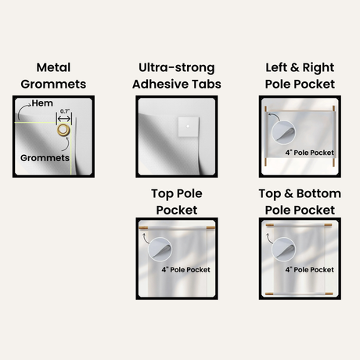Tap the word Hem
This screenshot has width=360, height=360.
(x=42, y=103)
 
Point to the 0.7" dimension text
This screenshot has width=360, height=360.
(x=65, y=111)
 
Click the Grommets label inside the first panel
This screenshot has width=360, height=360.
(x=45, y=158)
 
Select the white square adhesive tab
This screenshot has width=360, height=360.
(x=189, y=127)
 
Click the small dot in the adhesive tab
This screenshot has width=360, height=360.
(x=188, y=126)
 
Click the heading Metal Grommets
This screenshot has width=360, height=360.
(x=53, y=76)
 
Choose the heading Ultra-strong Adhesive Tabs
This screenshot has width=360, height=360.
(x=177, y=76)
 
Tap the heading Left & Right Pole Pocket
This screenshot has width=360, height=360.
(x=300, y=76)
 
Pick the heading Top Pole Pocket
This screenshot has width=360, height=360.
(x=177, y=202)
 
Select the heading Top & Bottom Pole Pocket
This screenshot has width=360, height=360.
(x=300, y=202)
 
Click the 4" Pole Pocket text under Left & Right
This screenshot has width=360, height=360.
(x=309, y=153)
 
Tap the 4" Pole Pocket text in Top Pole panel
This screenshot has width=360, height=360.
(x=185, y=270)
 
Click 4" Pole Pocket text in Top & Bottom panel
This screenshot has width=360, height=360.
(x=309, y=270)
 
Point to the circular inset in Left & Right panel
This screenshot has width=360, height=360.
(x=283, y=132)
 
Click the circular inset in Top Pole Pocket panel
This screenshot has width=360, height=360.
(x=160, y=250)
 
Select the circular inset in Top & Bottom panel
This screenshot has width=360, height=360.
(x=283, y=250)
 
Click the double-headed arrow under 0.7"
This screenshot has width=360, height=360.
(x=64, y=119)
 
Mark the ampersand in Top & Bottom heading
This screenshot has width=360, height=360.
(x=289, y=194)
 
